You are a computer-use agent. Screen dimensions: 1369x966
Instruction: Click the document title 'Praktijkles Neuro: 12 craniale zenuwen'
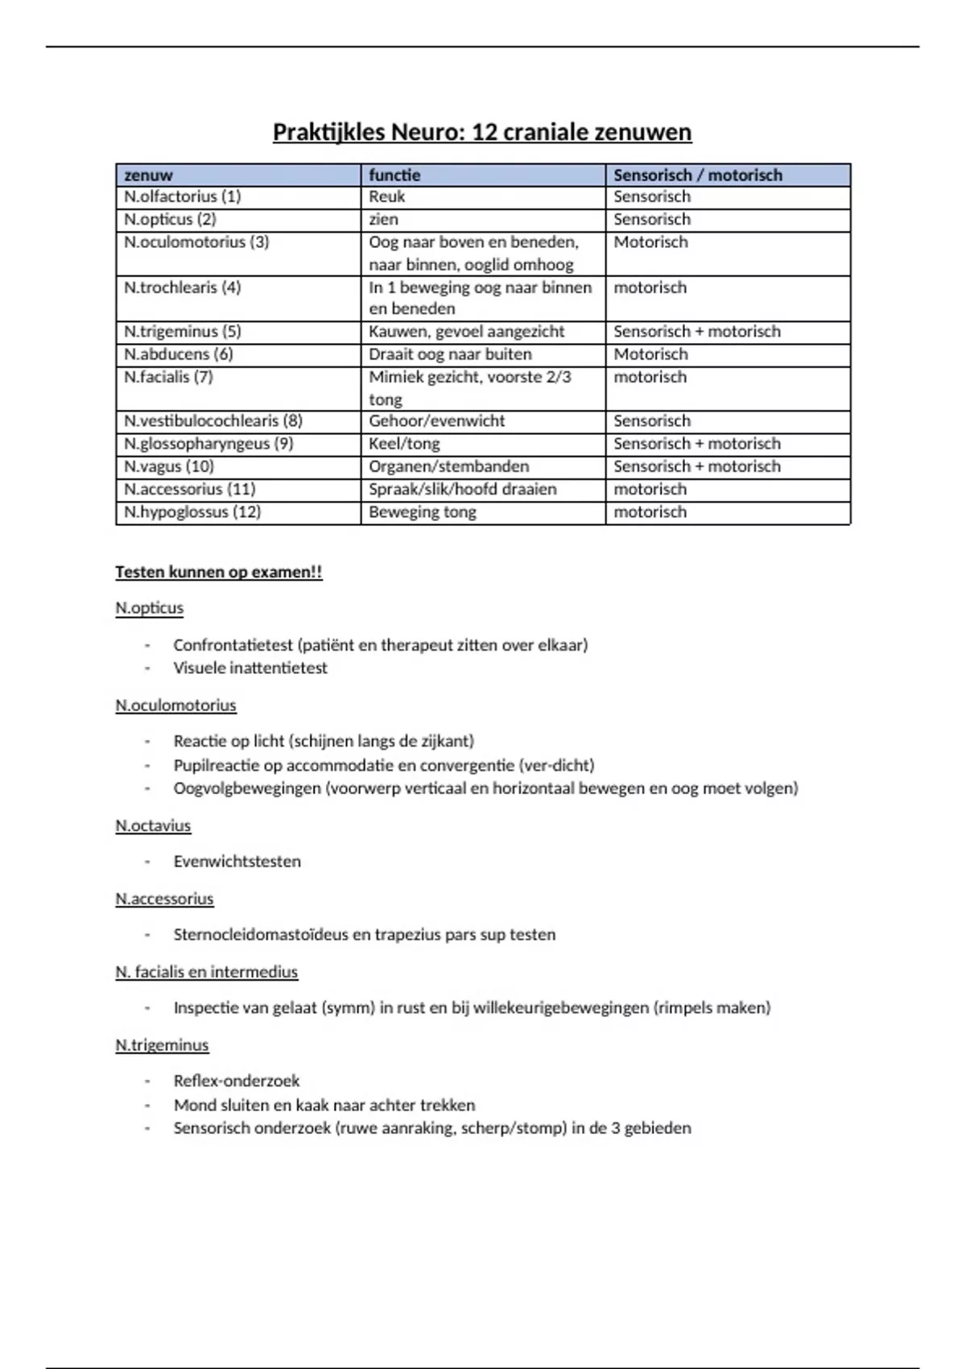coord(482,132)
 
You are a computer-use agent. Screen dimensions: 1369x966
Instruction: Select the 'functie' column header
coord(394,175)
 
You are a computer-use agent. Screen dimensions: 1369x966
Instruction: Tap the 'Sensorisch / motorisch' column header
coord(697,175)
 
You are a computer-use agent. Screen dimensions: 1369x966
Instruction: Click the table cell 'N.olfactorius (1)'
coord(183,196)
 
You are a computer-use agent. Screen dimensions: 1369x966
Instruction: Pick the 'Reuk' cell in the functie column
coord(386,196)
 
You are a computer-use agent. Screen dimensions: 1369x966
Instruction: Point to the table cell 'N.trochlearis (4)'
coord(183,287)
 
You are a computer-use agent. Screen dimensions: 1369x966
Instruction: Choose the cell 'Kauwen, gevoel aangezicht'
coord(466,331)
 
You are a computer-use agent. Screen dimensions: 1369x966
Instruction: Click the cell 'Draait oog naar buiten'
coord(450,354)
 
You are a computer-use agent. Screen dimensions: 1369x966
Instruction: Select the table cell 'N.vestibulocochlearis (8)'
coord(213,420)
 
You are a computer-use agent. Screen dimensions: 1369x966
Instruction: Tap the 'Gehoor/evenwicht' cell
coord(436,420)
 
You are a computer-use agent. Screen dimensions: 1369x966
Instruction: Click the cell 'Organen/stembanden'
coord(448,466)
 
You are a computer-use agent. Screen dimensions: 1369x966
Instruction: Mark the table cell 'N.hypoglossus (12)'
coord(192,512)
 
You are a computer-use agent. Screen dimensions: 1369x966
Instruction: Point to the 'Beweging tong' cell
coord(422,512)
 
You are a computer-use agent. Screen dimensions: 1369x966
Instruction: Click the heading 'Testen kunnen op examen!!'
coord(218,573)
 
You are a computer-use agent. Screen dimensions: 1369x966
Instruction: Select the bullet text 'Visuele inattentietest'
coord(250,668)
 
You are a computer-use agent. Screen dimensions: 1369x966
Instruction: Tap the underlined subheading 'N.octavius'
coord(153,825)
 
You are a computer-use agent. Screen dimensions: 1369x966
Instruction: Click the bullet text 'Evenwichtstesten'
coord(237,862)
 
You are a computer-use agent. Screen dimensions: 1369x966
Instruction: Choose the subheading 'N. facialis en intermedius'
coord(206,972)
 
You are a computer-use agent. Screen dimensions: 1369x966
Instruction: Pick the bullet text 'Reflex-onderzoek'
coord(237,1081)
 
